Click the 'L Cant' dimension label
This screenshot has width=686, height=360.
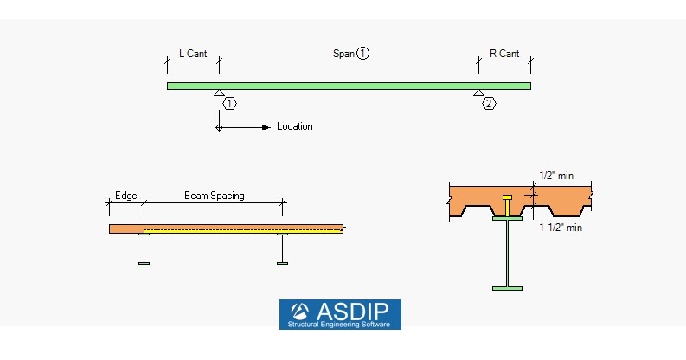[x=192, y=54]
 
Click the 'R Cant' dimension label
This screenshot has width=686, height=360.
[x=504, y=54]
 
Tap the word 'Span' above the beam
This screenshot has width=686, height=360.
[x=343, y=54]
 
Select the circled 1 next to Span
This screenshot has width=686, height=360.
[x=362, y=54]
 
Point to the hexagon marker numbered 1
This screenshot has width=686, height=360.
[x=229, y=103]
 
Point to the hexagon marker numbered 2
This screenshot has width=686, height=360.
[x=489, y=103]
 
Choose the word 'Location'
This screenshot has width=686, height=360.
[x=295, y=127]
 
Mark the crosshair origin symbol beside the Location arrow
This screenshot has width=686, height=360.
[x=220, y=127]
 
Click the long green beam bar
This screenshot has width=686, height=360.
[x=349, y=86]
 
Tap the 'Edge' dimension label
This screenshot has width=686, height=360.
[x=125, y=196]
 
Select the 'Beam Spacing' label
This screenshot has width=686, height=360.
[x=214, y=196]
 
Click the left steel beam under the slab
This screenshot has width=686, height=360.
[x=144, y=248]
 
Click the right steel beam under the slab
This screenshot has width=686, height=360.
[x=282, y=248]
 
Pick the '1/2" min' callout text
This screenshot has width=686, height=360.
[x=555, y=176]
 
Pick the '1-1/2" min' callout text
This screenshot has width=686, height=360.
[x=560, y=228]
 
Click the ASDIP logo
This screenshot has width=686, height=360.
[x=340, y=314]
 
